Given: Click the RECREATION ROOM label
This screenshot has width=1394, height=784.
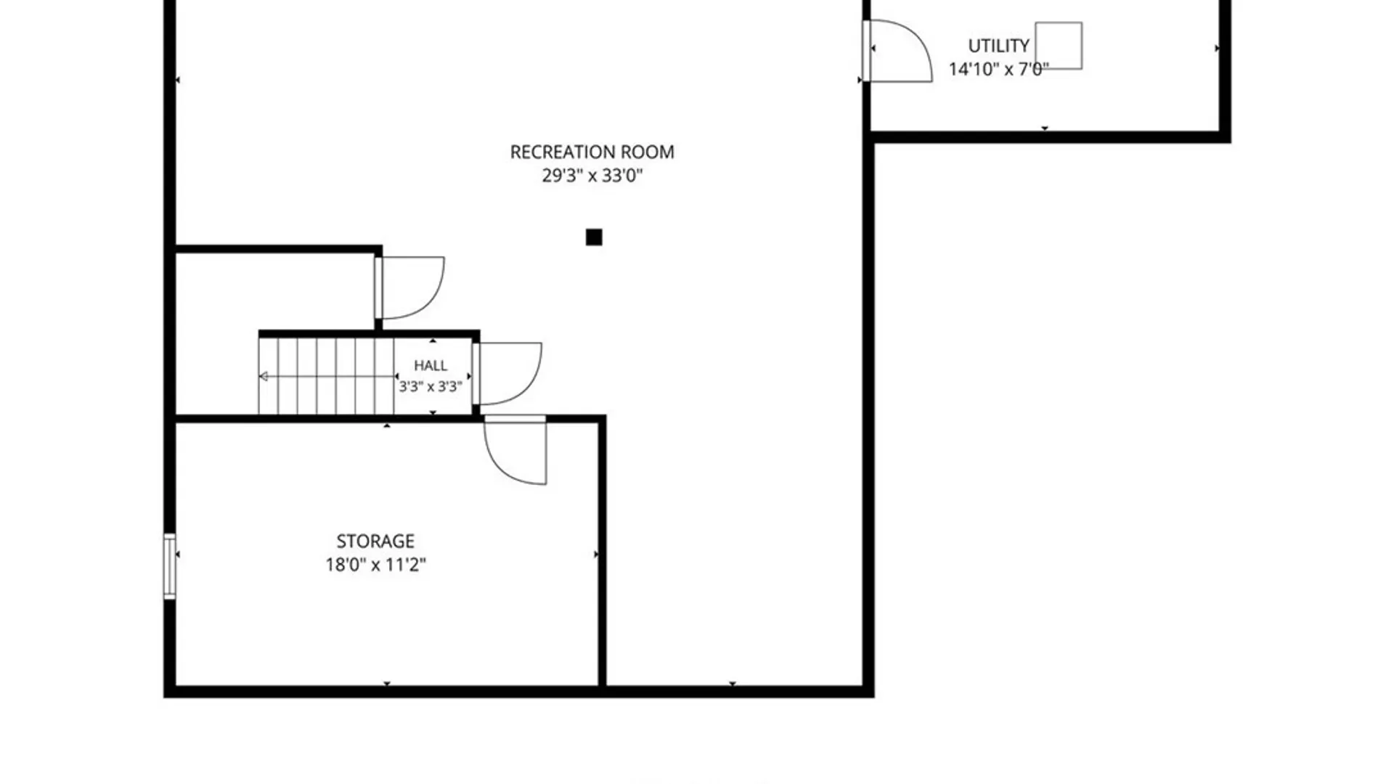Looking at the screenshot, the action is pos(592,152).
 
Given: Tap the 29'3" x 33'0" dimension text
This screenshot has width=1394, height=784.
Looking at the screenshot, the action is pos(592,175).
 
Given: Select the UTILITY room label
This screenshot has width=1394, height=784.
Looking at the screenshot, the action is pos(998,46).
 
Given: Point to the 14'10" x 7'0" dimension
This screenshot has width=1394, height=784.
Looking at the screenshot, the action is pos(998,69).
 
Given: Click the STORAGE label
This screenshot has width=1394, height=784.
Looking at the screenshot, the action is pos(375,541).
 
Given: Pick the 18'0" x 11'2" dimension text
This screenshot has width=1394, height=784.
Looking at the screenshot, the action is pos(375,564).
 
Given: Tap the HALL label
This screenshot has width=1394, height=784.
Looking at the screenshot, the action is pos(431,365).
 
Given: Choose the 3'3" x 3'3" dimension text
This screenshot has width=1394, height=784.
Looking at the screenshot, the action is pos(431,386).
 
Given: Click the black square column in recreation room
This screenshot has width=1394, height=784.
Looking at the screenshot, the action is pos(594,237).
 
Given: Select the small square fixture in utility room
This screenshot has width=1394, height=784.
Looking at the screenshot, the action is pos(1059,46).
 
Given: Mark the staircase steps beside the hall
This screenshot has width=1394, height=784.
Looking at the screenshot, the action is pos(326,376).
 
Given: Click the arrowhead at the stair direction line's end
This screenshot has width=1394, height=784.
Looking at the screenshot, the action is pos(264,376).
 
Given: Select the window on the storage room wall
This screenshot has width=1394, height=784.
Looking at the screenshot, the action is pos(169,566).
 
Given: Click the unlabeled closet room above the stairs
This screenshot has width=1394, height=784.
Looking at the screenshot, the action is pos(275,290).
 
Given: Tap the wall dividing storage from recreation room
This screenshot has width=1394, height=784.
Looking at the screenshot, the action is pos(602,552).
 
